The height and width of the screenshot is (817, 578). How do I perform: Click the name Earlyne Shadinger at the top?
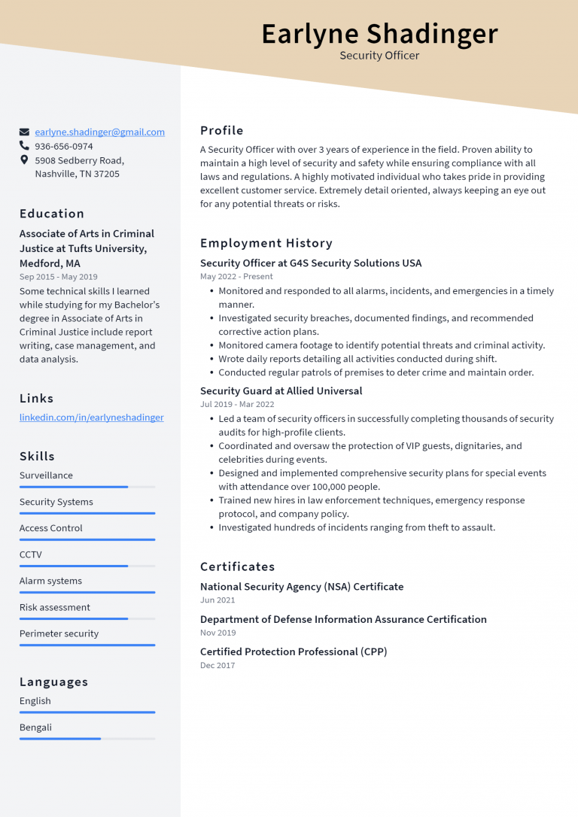click(x=379, y=34)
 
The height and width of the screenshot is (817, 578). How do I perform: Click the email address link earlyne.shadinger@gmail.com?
click(x=99, y=132)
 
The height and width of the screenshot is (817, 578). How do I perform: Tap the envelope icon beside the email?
click(x=25, y=132)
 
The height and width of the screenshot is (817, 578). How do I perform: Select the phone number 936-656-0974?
click(x=64, y=146)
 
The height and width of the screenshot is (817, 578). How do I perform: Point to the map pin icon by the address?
click(x=25, y=160)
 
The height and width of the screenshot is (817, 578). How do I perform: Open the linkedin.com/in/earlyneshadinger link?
click(x=91, y=417)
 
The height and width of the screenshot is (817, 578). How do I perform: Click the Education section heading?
click(x=52, y=214)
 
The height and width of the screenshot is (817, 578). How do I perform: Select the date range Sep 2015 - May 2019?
click(x=59, y=277)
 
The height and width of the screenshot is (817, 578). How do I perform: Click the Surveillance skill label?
click(x=46, y=475)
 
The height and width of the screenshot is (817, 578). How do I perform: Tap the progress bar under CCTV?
click(x=87, y=566)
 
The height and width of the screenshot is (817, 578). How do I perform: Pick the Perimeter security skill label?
click(x=59, y=633)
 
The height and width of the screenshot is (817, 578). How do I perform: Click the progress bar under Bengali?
click(x=87, y=739)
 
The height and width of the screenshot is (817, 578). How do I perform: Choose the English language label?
click(x=35, y=700)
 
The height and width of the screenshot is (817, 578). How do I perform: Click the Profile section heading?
click(x=222, y=130)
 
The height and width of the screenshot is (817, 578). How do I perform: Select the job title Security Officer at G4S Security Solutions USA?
click(x=311, y=263)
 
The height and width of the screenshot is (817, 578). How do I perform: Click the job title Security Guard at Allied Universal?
click(x=281, y=391)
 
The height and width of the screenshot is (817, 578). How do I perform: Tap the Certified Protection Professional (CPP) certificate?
click(x=294, y=651)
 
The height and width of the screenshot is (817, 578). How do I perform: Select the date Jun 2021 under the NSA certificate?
click(x=218, y=600)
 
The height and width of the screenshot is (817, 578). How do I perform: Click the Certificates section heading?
click(x=237, y=566)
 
